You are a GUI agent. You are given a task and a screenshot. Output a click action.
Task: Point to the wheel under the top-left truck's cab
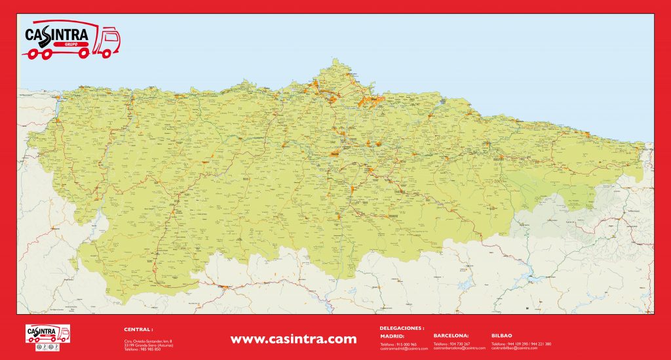[x=103, y=52]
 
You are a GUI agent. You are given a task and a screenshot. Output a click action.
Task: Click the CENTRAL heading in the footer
[x=138, y=329]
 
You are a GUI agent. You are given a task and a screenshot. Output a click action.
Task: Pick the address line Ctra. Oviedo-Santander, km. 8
[x=148, y=341]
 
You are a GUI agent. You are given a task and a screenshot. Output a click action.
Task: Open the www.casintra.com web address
[x=294, y=339]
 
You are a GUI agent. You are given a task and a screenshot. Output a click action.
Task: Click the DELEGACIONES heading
[x=402, y=327]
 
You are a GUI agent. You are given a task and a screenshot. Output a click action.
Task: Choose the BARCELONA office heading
[x=451, y=335]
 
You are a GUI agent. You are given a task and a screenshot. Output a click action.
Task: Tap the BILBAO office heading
[x=503, y=335]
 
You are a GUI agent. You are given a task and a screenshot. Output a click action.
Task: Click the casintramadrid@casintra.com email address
[x=399, y=348]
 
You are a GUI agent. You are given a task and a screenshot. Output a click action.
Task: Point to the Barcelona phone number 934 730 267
[x=452, y=344]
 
